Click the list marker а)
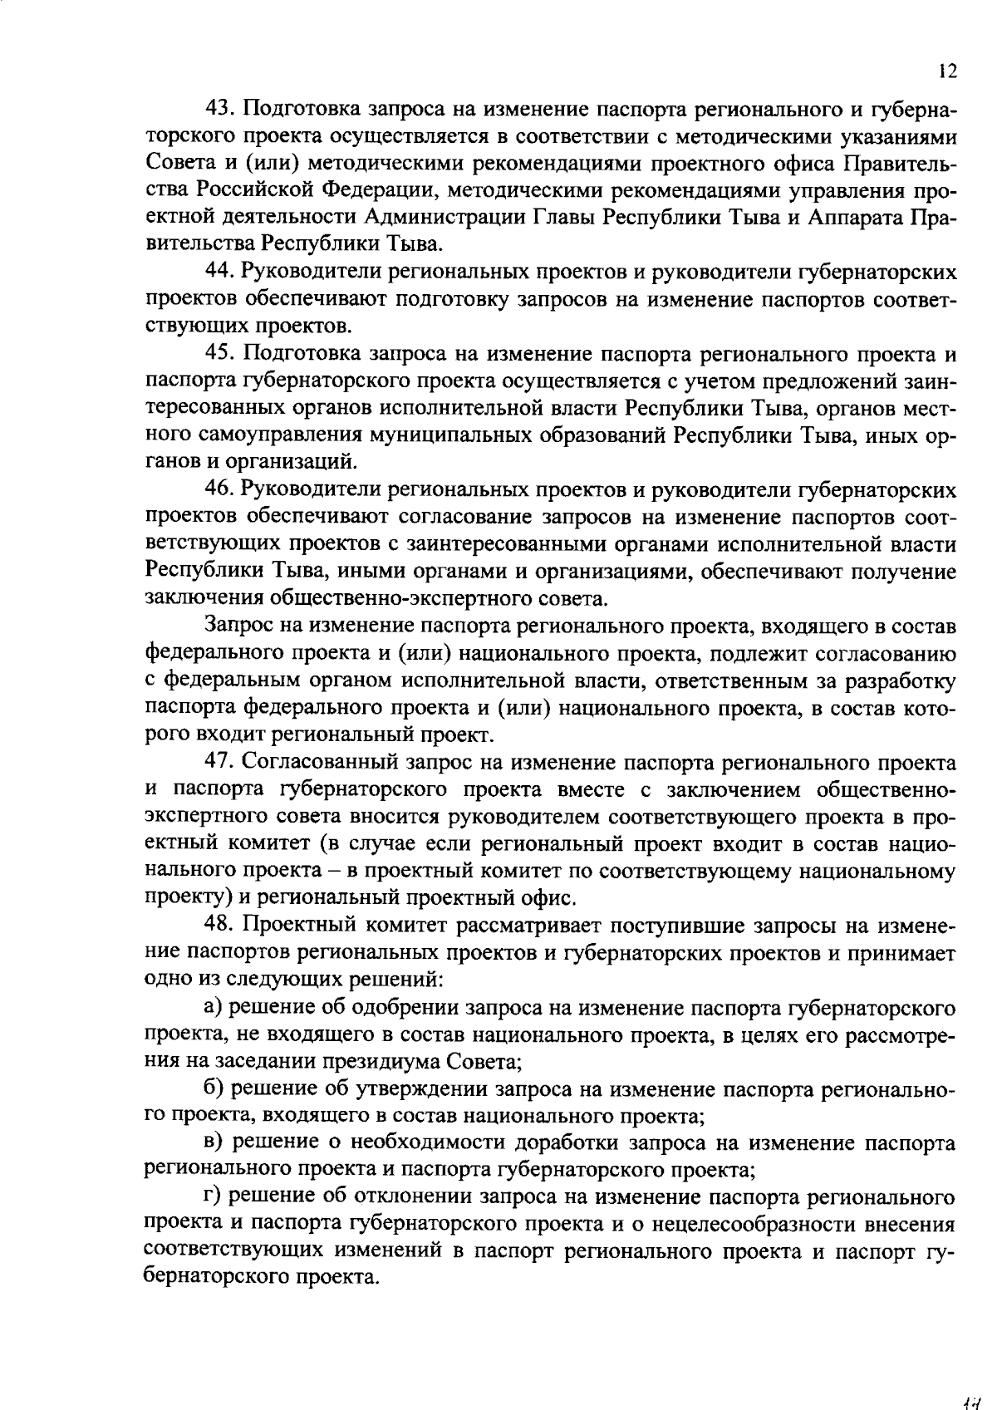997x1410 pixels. (214, 1007)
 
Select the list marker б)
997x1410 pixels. (214, 1088)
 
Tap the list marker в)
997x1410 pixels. (214, 1142)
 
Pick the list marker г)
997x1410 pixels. (214, 1197)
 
